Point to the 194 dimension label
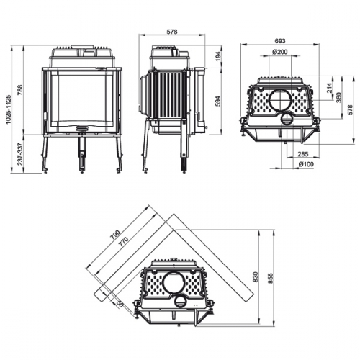pos(219,55)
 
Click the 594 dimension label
pos(219,102)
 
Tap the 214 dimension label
pos(330,89)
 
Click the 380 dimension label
pos(340,97)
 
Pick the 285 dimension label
pos(303,154)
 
